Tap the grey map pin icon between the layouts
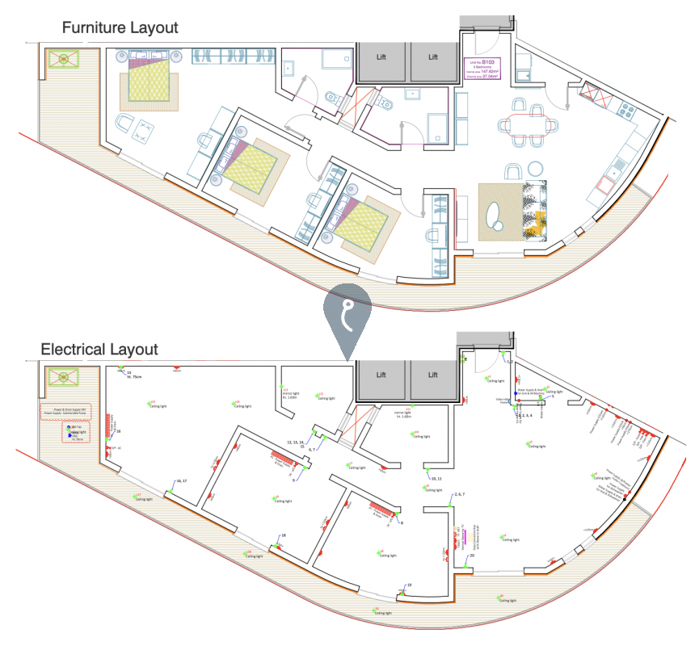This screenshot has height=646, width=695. click(347, 318)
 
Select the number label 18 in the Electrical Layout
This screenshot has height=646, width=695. click(284, 535)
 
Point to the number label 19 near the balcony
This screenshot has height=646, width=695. click(410, 585)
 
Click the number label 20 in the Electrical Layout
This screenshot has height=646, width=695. click(472, 556)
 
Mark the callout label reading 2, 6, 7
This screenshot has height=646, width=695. click(459, 493)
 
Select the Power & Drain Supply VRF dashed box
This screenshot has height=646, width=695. click(65, 412)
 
